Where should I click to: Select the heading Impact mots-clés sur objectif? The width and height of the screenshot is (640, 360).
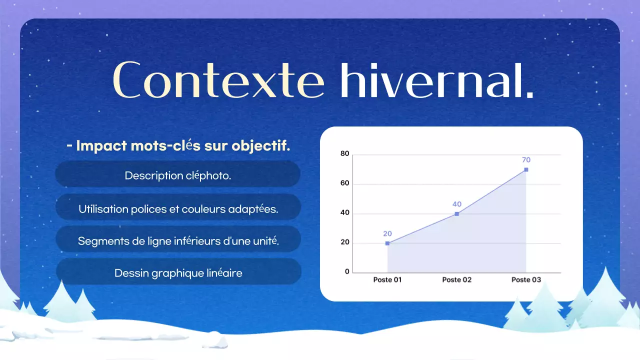pos(178,146)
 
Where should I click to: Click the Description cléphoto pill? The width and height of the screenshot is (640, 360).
pos(178,175)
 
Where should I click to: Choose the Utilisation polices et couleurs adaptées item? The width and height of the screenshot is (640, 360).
pos(178,209)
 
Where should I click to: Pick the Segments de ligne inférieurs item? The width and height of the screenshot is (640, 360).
pos(178,241)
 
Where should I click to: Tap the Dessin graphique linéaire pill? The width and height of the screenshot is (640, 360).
pos(178,273)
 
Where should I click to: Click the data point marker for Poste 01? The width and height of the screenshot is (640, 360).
pos(387,243)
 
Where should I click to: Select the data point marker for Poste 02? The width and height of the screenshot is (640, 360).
pos(456,214)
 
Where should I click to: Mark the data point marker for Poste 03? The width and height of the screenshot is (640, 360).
pos(526,169)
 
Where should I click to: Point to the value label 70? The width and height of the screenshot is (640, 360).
pos(526,160)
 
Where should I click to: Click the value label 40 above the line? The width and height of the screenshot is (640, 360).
pos(456,204)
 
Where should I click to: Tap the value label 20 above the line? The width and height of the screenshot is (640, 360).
pos(387,233)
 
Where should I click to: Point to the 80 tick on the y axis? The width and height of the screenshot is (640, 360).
pos(344,153)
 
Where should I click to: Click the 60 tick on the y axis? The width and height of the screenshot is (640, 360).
pos(344,183)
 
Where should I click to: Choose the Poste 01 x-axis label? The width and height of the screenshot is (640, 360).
pos(387,280)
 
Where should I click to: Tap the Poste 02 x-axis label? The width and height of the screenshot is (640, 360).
pos(456,280)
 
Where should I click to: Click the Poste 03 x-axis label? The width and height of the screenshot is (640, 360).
pos(526,280)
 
